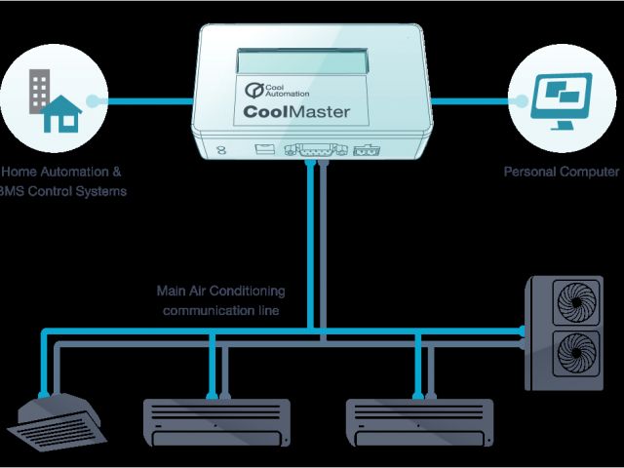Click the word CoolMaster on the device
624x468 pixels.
coord(297,112)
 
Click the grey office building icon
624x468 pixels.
coord(40,90)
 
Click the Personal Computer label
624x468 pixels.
coord(561,172)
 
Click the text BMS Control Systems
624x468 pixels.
coord(64,191)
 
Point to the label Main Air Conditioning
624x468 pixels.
coord(220,291)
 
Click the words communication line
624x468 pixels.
coord(221,311)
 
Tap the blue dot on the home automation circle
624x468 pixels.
coord(93,99)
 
